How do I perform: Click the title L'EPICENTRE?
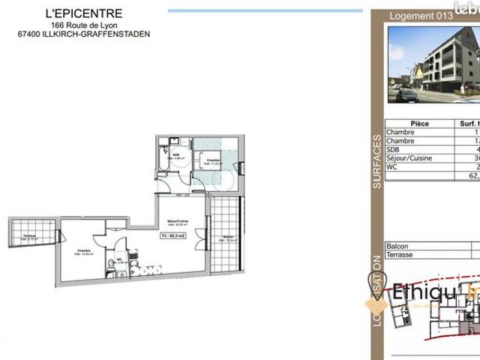(x=84, y=13)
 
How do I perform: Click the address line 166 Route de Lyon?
(x=84, y=25)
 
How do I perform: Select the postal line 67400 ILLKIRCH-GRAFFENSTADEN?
(x=84, y=34)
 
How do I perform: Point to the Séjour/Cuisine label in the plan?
(x=178, y=220)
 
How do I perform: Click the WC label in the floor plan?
(x=118, y=260)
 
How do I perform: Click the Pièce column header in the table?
(x=420, y=124)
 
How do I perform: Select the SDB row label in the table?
(x=392, y=150)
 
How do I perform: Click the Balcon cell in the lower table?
(x=397, y=246)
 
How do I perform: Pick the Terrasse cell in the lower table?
(x=400, y=255)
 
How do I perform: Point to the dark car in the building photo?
(x=405, y=96)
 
